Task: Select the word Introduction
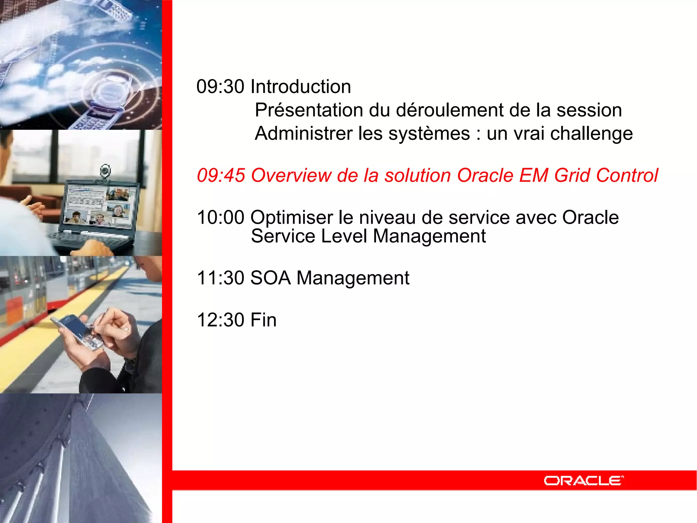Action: [x=301, y=86]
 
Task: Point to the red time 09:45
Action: [x=221, y=176]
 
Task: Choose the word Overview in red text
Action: [x=291, y=176]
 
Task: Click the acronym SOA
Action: [x=271, y=278]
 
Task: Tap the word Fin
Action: [x=263, y=320]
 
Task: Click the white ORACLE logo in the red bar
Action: [x=583, y=480]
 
